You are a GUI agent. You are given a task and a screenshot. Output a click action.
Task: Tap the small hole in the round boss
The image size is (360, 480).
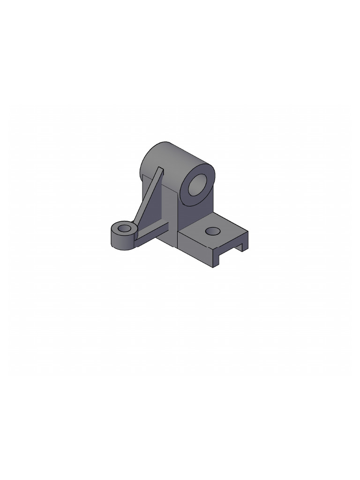[x=125, y=228]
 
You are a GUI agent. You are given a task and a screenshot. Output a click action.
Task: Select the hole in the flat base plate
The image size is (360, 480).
[x=212, y=231]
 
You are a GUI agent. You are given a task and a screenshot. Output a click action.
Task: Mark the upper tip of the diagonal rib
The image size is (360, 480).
[x=161, y=170]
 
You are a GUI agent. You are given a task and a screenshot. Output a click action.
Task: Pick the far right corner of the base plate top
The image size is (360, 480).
[x=247, y=231]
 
